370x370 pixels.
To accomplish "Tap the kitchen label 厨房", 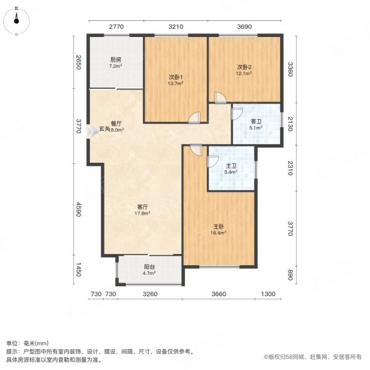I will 115,60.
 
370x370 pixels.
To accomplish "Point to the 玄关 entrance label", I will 104,129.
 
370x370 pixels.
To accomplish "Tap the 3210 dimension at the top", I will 176,27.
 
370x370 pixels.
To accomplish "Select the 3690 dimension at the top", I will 245,27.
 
